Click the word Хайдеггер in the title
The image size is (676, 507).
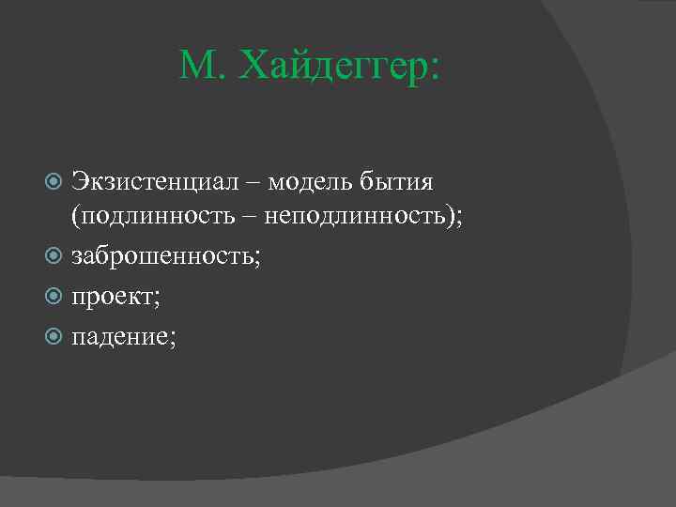[332, 68]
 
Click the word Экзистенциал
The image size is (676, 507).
[154, 178]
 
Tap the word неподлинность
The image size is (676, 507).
[361, 217]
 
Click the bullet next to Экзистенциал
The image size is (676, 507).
[54, 179]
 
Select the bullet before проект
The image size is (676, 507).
[54, 298]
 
